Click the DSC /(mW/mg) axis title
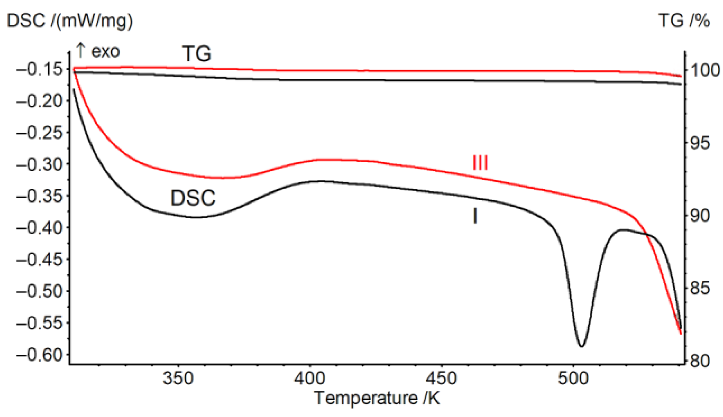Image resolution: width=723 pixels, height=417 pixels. tap(70, 21)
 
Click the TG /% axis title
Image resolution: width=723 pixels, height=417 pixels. tap(684, 21)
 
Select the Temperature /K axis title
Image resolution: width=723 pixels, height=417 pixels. tap(377, 398)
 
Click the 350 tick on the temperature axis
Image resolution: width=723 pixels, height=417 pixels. tap(178, 378)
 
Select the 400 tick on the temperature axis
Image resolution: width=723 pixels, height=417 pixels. tap(310, 378)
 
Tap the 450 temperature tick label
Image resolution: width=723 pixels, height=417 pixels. tap(442, 378)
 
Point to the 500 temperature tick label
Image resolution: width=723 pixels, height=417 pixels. tap(573, 378)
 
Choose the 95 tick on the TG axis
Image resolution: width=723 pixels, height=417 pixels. tap(699, 143)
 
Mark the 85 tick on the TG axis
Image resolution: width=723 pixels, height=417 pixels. tap(699, 288)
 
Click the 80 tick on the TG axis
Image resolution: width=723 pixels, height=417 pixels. tap(699, 361)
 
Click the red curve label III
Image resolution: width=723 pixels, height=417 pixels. tap(480, 163)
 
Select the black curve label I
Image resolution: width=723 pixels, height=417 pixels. tap(475, 216)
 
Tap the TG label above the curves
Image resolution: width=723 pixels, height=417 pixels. tap(197, 53)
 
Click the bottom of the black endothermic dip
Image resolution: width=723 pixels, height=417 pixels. tap(581, 346)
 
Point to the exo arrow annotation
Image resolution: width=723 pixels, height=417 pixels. tap(98, 51)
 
